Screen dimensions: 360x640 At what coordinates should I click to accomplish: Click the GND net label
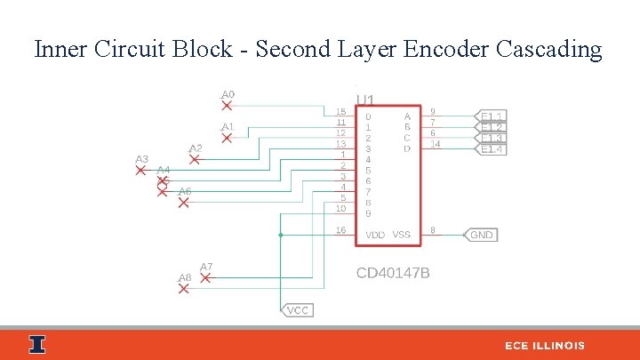click(x=481, y=236)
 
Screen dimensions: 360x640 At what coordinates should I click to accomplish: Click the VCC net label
click(x=298, y=310)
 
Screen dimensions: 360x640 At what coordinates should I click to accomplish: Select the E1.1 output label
click(x=492, y=116)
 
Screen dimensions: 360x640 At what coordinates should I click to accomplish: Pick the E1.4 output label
click(x=492, y=149)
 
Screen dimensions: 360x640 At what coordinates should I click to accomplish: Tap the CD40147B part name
click(x=393, y=273)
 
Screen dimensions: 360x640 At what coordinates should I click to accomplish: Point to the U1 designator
click(x=365, y=100)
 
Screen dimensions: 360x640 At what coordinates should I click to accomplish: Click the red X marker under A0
click(x=227, y=106)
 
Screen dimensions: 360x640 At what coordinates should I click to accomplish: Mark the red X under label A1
click(x=227, y=138)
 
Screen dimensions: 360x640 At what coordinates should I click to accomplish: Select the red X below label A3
click(x=140, y=170)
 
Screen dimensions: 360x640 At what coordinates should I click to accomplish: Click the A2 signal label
click(x=196, y=148)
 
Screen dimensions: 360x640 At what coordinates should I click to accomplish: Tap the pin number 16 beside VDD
click(x=340, y=230)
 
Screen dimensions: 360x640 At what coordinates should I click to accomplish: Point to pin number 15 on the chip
click(x=340, y=112)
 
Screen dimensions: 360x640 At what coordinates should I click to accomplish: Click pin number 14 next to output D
click(x=435, y=144)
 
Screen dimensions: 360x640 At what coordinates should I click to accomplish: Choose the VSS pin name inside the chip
click(x=402, y=235)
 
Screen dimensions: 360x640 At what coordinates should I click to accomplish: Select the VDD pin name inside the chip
click(x=375, y=235)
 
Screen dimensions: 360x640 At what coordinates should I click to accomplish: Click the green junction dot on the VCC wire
click(x=280, y=235)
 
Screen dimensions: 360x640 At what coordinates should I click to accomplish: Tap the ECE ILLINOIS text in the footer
click(x=545, y=345)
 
